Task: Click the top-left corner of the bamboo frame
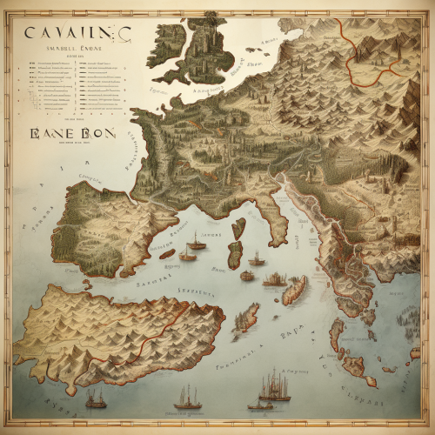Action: pyautogui.click(x=7, y=7)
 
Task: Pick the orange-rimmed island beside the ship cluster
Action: pyautogui.click(x=296, y=290)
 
